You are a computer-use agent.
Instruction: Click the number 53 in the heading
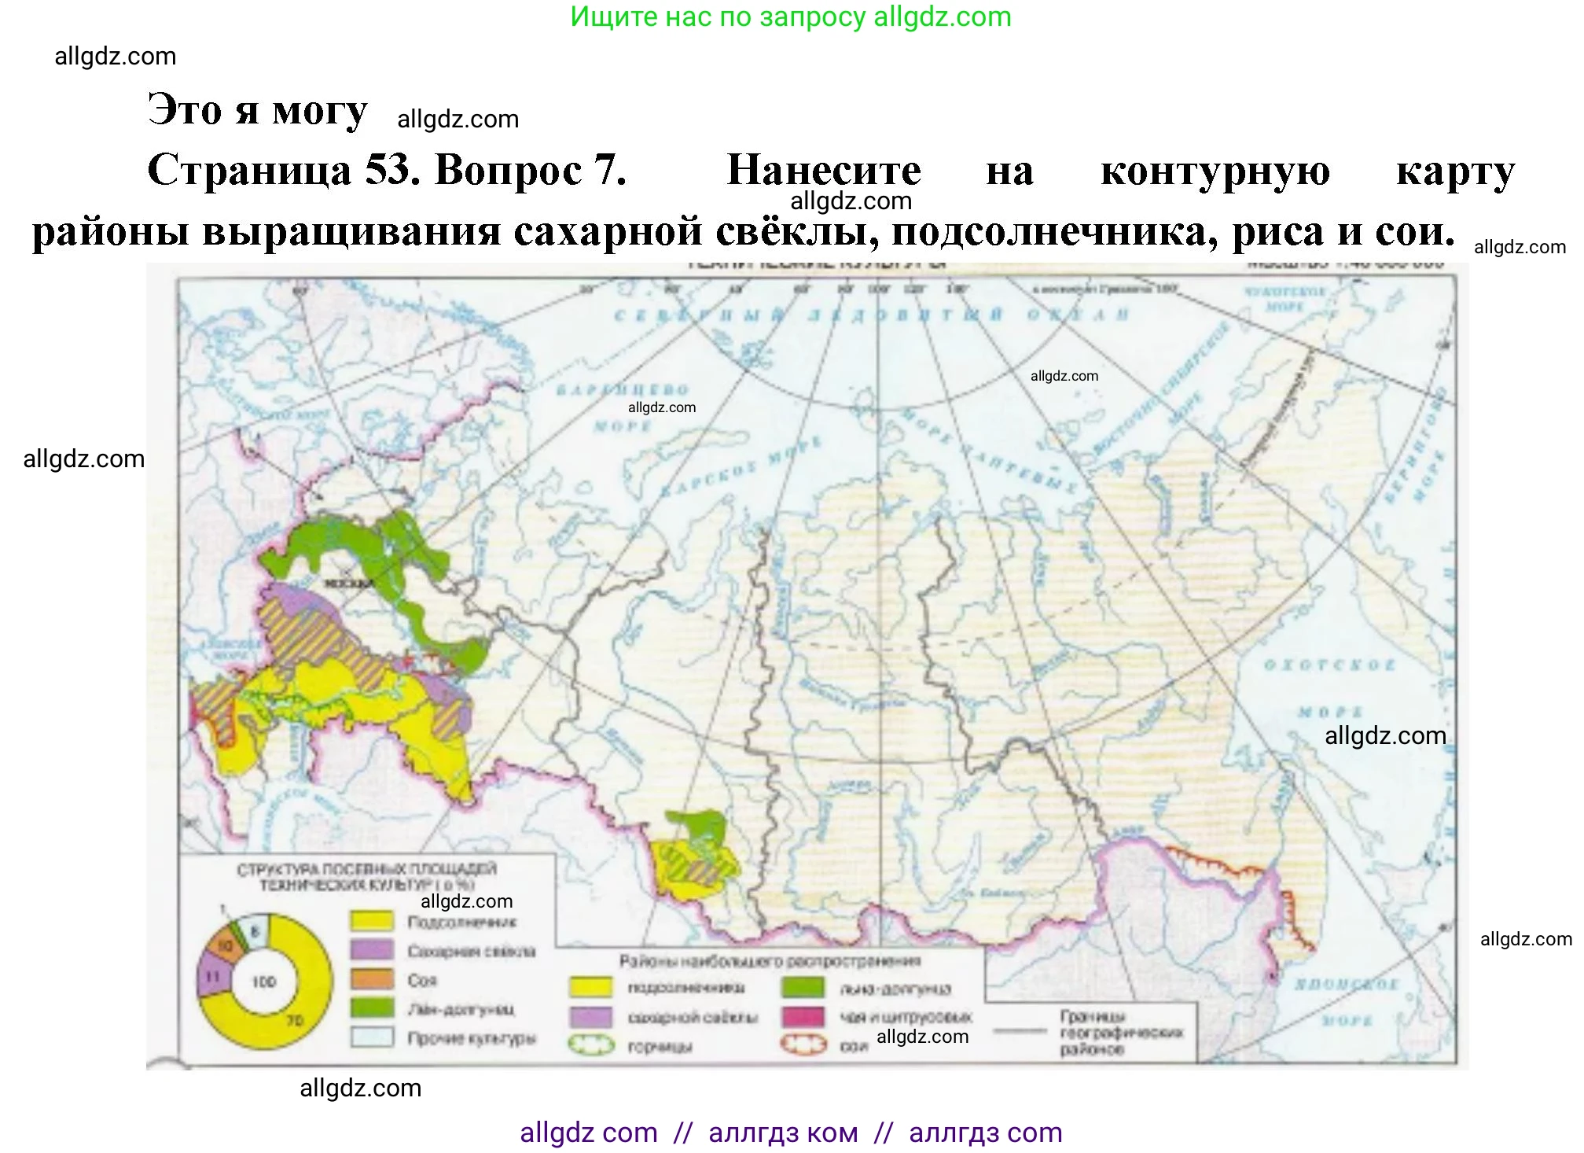pos(391,170)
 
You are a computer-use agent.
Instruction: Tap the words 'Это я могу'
pos(257,110)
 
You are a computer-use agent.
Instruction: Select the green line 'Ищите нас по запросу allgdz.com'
pos(790,17)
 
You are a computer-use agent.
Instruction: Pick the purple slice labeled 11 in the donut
pos(211,976)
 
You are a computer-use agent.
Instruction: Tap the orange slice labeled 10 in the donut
pos(226,945)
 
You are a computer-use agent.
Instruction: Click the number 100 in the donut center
pos(264,982)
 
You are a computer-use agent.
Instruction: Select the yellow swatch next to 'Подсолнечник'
pos(371,920)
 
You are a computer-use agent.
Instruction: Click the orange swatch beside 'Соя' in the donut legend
pos(371,979)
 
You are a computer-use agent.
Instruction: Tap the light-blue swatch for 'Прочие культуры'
pos(371,1037)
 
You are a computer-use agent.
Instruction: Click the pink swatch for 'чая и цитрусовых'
pos(803,1017)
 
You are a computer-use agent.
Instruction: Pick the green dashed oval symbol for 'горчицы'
pos(590,1045)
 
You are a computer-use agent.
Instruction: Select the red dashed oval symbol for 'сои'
pos(803,1045)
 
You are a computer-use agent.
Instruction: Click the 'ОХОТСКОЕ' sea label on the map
pos(1329,665)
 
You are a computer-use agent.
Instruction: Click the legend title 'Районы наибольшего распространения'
pos(769,960)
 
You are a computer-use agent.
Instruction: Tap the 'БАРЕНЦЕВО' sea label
pos(623,390)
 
